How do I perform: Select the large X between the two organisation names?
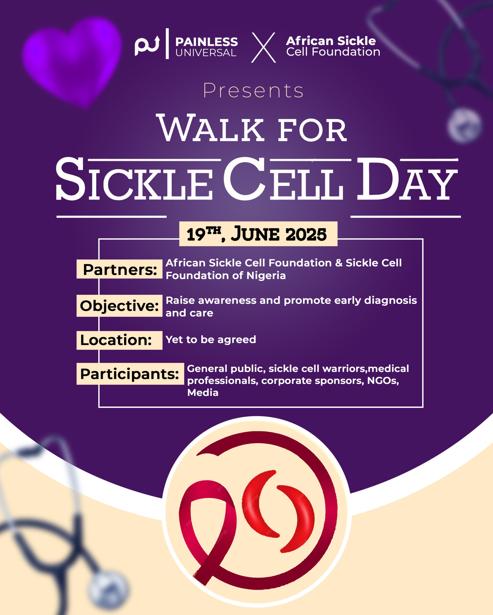point(263,47)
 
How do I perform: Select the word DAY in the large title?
point(407,179)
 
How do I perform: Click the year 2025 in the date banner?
point(306,234)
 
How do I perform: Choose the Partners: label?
point(120,269)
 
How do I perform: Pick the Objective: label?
point(119,306)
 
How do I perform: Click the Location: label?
point(116,340)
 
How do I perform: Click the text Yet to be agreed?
point(211,339)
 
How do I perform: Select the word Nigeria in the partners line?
point(266,276)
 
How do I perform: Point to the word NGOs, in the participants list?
point(383,381)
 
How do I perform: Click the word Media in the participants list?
point(203,393)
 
